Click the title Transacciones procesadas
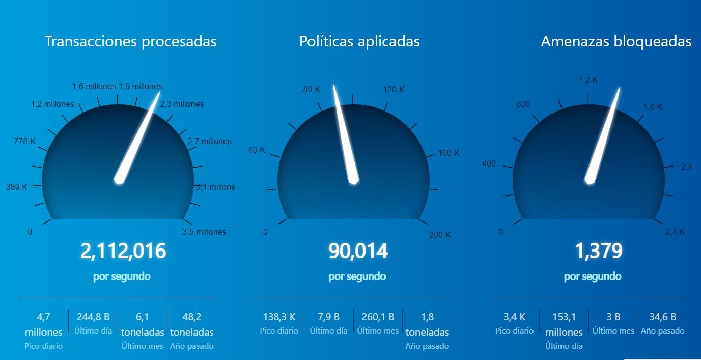point(131,41)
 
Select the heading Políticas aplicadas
point(359,41)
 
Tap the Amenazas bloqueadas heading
point(616,41)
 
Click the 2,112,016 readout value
point(123,251)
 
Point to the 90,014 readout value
point(358,251)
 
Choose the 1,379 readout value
point(599,251)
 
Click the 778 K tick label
point(25,141)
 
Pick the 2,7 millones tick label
point(210,142)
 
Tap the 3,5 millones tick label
point(204,232)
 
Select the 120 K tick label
point(394,90)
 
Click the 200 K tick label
point(440,235)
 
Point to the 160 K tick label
point(448,153)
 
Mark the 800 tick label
point(523,104)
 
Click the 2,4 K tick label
point(675,232)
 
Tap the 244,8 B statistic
point(93,317)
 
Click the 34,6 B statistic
point(662,317)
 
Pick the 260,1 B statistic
point(377,317)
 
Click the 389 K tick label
point(17,187)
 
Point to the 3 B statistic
point(613,317)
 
